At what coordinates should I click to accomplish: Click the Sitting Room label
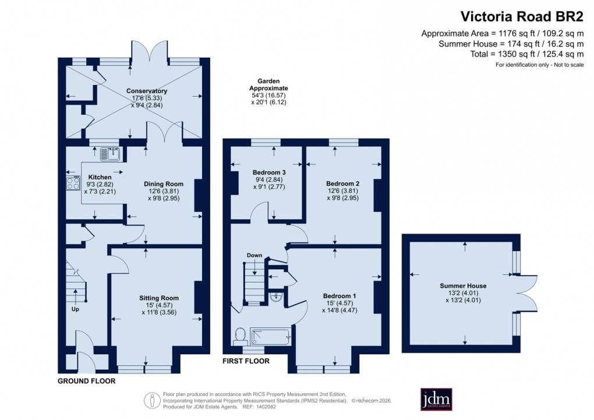(x=158, y=298)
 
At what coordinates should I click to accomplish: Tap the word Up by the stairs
(x=75, y=309)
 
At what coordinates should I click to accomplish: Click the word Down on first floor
(x=254, y=255)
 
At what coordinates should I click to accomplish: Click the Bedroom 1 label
(x=340, y=296)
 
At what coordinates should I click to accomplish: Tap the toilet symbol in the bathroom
(x=239, y=334)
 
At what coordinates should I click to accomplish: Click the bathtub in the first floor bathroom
(x=270, y=336)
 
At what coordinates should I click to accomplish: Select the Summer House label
(x=463, y=286)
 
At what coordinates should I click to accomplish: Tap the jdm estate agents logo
(x=436, y=400)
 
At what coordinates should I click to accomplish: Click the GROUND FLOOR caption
(x=86, y=381)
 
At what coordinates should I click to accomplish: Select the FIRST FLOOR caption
(x=246, y=361)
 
